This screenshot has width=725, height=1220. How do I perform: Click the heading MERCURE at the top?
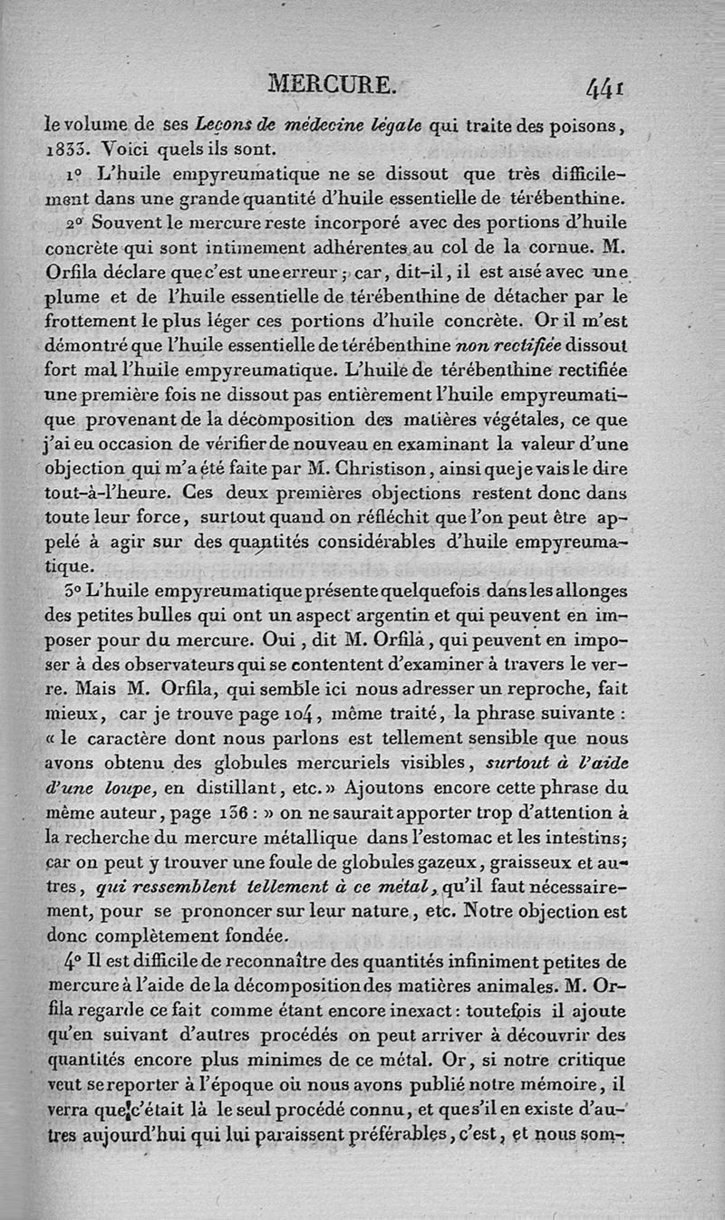(333, 85)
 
